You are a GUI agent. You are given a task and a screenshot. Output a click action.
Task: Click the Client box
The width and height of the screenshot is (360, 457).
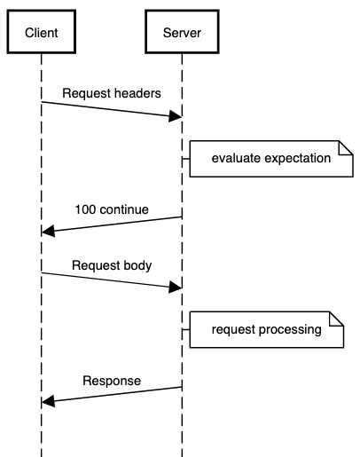click(42, 33)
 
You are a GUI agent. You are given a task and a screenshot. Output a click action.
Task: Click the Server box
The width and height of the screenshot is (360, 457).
click(182, 33)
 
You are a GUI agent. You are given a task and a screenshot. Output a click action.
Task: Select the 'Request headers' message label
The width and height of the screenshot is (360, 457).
click(112, 92)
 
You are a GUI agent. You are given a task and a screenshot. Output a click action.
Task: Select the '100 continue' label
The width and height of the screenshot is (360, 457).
click(112, 210)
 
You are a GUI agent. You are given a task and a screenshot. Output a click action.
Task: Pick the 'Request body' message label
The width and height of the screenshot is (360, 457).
click(112, 264)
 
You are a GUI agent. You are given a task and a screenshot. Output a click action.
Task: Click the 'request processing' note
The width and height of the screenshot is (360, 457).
click(265, 330)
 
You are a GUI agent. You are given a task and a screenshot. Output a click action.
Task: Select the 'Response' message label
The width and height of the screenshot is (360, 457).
click(112, 381)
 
